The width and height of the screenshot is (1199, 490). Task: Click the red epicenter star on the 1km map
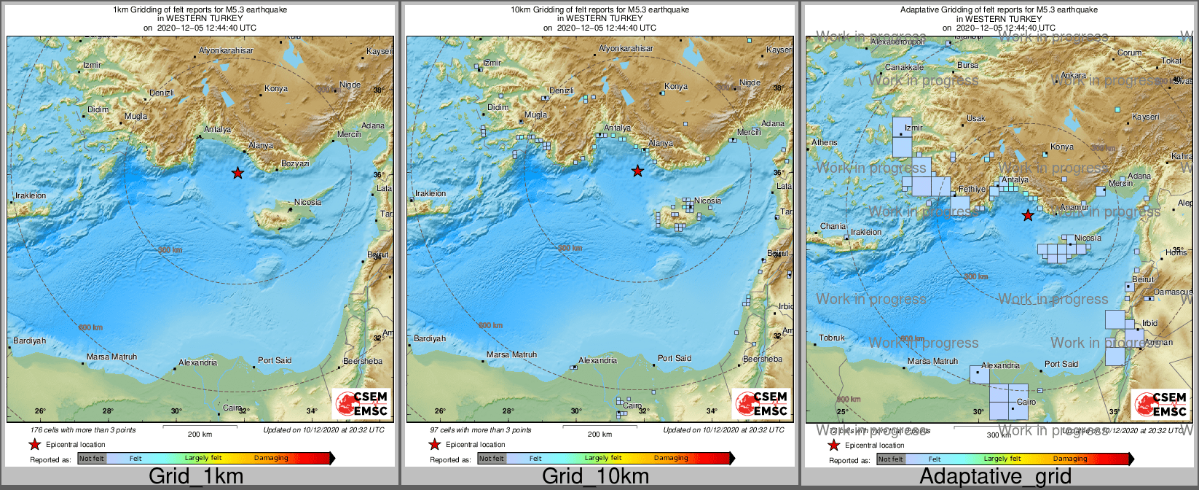(x=237, y=173)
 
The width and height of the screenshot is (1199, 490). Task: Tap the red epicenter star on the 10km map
(x=637, y=171)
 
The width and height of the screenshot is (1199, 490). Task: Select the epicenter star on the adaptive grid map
(x=1027, y=215)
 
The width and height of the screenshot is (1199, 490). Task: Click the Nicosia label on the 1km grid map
(x=307, y=202)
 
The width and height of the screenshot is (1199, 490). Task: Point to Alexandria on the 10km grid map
(x=597, y=361)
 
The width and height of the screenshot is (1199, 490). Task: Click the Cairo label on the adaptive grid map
(x=1026, y=402)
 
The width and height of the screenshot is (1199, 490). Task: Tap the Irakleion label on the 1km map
(x=31, y=195)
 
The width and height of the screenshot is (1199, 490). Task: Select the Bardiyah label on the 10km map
(x=430, y=338)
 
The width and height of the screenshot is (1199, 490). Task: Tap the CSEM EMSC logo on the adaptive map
(x=1160, y=405)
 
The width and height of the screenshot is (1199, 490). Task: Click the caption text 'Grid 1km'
(x=196, y=477)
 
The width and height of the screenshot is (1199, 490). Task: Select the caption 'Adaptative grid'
(x=995, y=477)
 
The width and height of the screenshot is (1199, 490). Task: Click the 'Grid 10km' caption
(x=595, y=477)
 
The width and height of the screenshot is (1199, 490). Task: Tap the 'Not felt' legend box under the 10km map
(x=492, y=459)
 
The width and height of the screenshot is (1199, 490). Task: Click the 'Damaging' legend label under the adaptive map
(x=1069, y=459)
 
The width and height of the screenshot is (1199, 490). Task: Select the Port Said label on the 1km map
(x=275, y=360)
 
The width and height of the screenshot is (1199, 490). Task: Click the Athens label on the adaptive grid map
(x=825, y=142)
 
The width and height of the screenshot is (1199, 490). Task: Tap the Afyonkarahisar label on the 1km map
(x=227, y=50)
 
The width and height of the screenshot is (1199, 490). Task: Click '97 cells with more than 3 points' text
(x=481, y=430)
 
